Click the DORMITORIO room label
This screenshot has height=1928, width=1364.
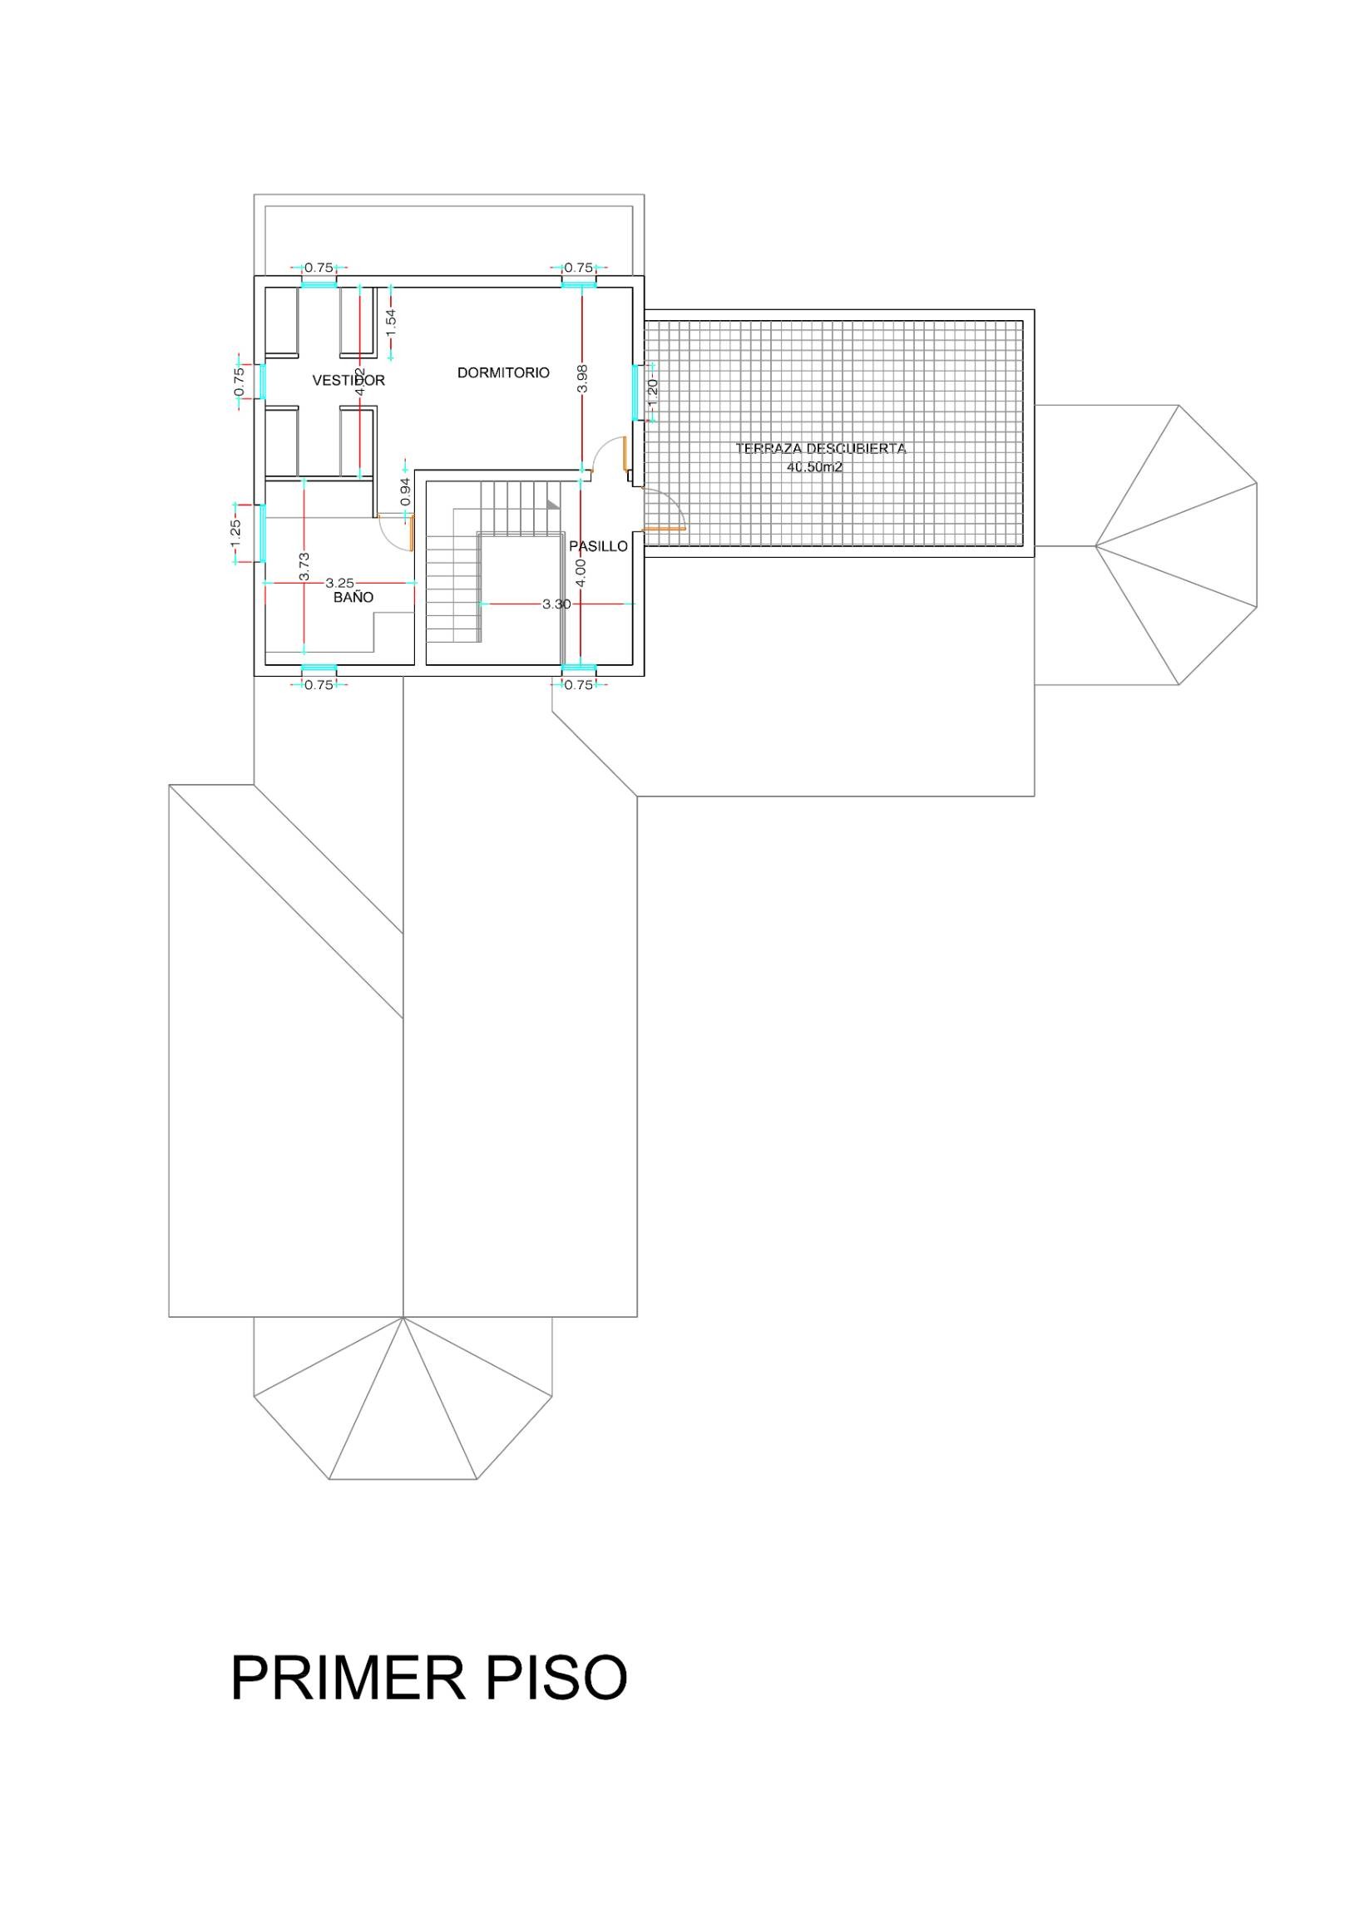tap(503, 372)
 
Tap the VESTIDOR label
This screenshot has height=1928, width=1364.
tap(348, 381)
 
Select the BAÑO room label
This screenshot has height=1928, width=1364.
tap(353, 598)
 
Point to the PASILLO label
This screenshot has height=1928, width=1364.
tap(598, 546)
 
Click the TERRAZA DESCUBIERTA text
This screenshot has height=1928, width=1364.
tap(821, 448)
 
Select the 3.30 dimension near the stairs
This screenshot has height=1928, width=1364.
tap(556, 604)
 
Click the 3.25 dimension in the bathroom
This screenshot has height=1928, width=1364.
tap(340, 582)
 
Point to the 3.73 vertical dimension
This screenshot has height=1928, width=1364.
tap(304, 567)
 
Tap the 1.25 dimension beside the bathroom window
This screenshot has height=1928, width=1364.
tap(236, 532)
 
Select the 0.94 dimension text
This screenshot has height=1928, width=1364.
tap(405, 491)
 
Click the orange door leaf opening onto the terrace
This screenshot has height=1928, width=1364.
tap(665, 529)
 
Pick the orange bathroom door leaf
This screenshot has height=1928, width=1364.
tap(412, 532)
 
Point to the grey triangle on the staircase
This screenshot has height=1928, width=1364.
tap(552, 503)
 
